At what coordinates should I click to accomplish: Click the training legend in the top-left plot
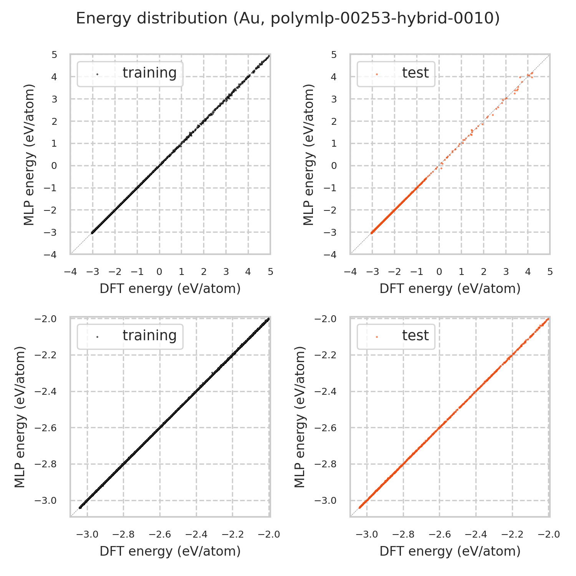[x=130, y=74]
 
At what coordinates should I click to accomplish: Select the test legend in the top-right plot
[x=396, y=74]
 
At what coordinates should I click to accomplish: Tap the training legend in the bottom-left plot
[x=130, y=336]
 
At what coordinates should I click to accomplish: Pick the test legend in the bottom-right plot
[x=396, y=336]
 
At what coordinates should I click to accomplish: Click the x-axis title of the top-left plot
[x=170, y=289]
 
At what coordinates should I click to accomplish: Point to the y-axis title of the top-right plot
[x=309, y=155]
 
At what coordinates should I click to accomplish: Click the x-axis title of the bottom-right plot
[x=450, y=551]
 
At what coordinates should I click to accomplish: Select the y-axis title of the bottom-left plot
[x=20, y=417]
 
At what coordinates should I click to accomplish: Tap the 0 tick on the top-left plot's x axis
[x=159, y=272]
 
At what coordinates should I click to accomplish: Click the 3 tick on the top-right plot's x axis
[x=506, y=272]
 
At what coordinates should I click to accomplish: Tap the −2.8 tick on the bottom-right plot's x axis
[x=403, y=535]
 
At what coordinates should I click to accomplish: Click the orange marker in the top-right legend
[x=377, y=74]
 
